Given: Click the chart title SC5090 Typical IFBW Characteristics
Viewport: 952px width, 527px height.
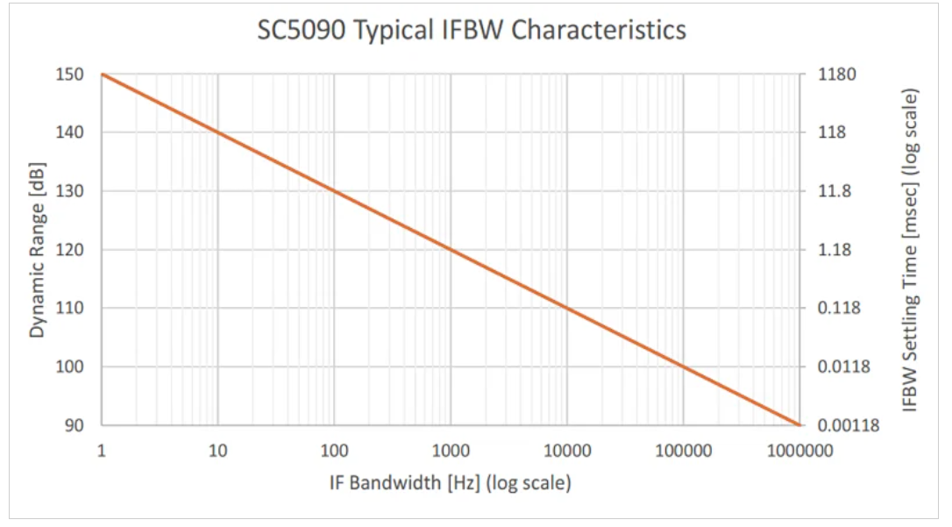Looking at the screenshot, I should click(472, 31).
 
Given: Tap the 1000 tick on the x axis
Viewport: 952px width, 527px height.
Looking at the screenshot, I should click(451, 451).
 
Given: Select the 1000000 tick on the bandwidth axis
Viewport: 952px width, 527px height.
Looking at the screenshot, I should click(799, 451).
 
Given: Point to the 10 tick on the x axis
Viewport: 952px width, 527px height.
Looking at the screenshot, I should click(217, 451).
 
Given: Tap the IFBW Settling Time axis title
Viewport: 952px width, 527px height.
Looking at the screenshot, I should click(911, 250).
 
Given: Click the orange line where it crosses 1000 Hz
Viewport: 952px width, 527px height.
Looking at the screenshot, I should click(451, 250).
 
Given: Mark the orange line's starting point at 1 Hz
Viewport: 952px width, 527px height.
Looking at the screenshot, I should click(102, 75).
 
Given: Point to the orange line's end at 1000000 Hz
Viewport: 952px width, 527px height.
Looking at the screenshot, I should click(799, 425).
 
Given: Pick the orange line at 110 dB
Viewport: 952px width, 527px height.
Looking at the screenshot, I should click(567, 308).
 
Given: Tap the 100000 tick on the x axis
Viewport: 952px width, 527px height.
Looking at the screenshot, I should click(683, 451).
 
